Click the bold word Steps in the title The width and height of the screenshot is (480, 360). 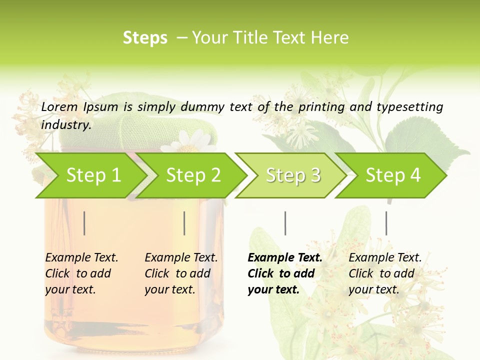tap(145, 38)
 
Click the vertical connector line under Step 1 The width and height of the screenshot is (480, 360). tap(84, 223)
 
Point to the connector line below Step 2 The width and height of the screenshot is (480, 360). tap(184, 223)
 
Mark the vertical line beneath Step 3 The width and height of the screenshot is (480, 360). tap(285, 223)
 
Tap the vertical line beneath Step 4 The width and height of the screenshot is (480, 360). tap(386, 223)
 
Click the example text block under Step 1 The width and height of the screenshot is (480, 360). tap(81, 273)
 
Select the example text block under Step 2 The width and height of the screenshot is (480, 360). tap(181, 273)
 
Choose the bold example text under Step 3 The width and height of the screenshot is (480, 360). tap(285, 273)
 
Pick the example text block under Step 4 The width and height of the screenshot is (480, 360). tap(385, 273)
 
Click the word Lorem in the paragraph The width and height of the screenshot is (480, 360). tap(59, 106)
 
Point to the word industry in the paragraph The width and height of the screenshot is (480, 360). tap(65, 124)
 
